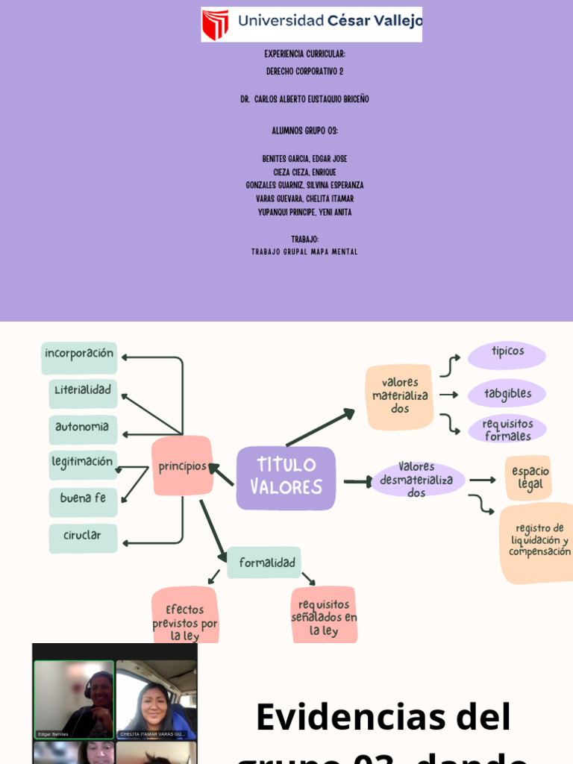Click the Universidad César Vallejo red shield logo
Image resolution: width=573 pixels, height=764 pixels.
tap(216, 25)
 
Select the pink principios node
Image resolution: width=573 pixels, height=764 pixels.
tap(182, 466)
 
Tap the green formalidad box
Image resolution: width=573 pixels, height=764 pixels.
tap(267, 563)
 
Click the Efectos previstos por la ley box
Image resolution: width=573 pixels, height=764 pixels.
tap(185, 618)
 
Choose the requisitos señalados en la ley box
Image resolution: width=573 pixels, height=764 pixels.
tap(324, 616)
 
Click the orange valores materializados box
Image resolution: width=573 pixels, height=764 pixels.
tap(400, 396)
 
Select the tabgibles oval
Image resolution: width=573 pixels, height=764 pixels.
tap(507, 393)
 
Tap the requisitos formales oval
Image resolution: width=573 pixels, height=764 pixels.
tap(507, 429)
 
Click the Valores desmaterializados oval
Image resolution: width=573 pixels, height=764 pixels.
tap(417, 480)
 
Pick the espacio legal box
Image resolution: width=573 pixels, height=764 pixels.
tap(530, 478)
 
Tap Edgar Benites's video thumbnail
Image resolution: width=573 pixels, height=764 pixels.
tap(74, 699)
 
